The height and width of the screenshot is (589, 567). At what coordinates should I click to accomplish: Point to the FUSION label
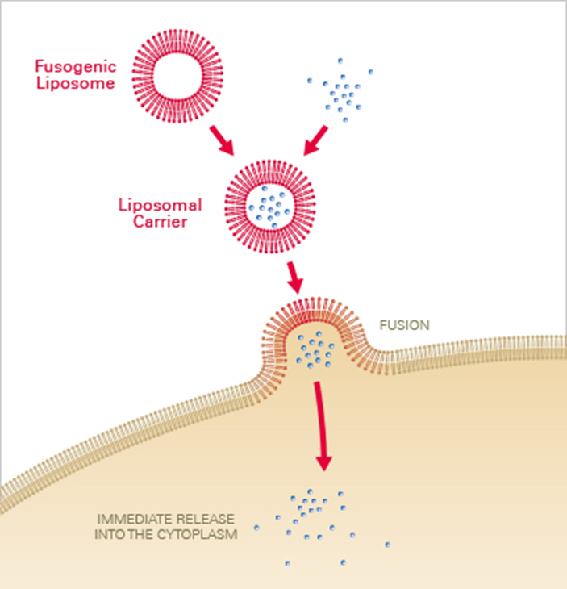coord(404,326)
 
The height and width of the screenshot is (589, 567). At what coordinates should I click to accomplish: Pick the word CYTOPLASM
coord(201,534)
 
